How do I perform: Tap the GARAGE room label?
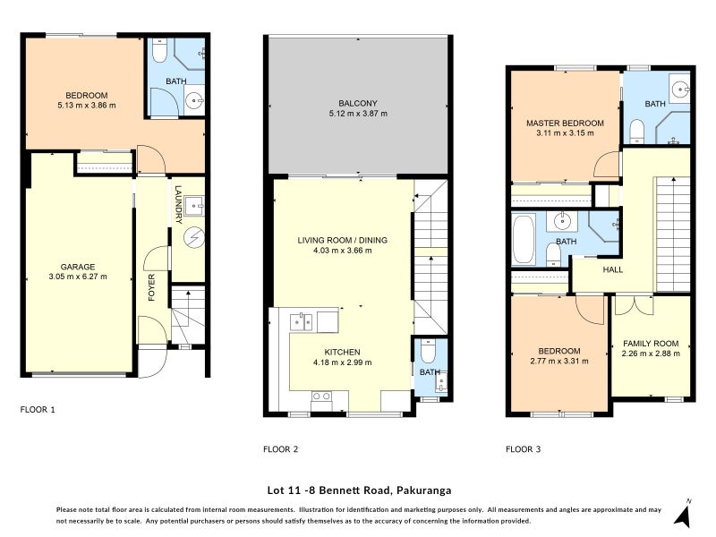pos(77,266)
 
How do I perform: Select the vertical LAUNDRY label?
pos(179,204)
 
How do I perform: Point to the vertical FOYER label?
pos(152,286)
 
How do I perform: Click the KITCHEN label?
pos(341,351)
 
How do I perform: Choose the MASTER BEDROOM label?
pos(565,123)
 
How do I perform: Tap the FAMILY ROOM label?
pos(651,343)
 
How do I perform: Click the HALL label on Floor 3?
pos(612,269)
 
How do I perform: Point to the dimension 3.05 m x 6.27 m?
pos(77,277)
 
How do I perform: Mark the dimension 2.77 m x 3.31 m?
pos(559,362)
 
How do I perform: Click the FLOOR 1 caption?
pos(38,410)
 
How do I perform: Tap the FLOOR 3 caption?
pos(523,449)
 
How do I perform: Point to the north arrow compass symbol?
pos(683,514)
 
